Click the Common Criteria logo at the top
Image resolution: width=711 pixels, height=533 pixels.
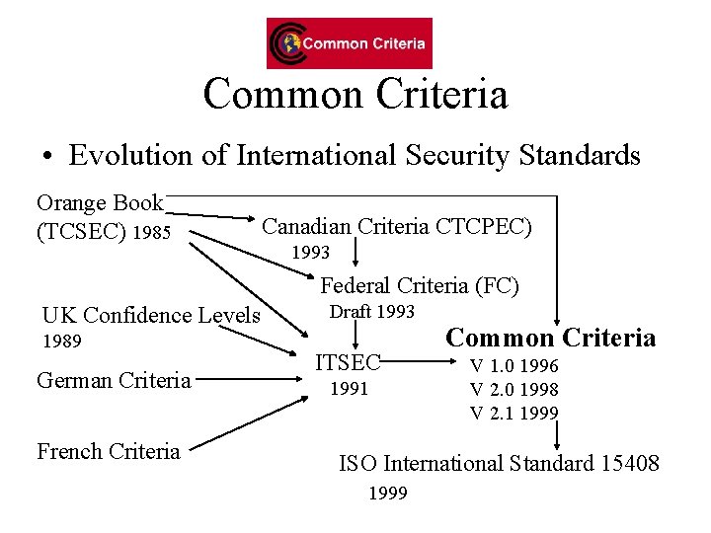tap(349, 43)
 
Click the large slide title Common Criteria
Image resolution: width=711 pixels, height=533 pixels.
tap(355, 95)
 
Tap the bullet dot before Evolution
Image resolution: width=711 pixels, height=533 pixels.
tap(46, 157)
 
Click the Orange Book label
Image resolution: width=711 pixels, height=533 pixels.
tap(99, 203)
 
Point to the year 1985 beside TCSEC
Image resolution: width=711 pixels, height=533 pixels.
tap(151, 234)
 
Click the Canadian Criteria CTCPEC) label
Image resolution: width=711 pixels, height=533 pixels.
tap(396, 227)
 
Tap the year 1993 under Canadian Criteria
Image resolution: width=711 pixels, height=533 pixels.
tap(310, 253)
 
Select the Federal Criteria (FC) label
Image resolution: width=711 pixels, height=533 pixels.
tap(420, 286)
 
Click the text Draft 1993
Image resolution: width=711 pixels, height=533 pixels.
tap(371, 312)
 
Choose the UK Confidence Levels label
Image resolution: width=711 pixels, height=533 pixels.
tap(151, 316)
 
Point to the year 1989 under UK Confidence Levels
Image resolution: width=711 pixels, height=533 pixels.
tap(61, 343)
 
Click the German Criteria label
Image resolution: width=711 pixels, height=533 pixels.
tap(114, 380)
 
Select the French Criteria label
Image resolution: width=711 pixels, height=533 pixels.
tap(109, 452)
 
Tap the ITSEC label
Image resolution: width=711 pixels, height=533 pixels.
tap(348, 362)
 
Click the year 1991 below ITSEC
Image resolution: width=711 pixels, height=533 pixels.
tap(349, 389)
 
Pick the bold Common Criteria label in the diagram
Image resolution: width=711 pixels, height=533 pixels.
tap(550, 339)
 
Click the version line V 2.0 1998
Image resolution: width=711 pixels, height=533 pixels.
tap(513, 389)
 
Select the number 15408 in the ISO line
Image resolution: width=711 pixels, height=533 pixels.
tap(629, 462)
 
